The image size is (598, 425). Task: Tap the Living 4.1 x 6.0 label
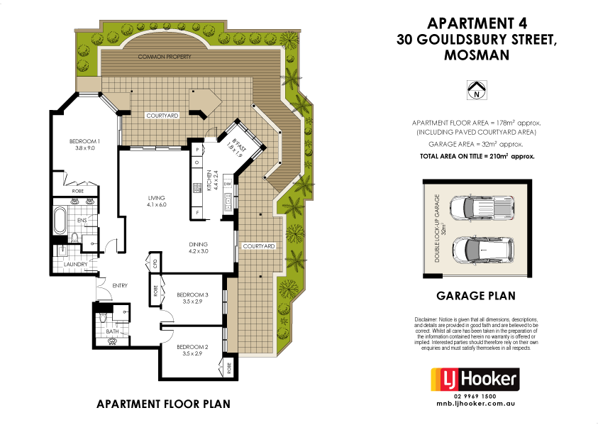coord(156,201)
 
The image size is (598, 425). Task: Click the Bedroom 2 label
coord(193,350)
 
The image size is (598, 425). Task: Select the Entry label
coord(121,286)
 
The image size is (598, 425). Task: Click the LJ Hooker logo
coord(476,379)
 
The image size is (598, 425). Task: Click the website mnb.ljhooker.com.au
coord(476,404)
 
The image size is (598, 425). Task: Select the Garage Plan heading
coord(476,296)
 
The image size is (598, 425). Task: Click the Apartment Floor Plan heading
coord(163,404)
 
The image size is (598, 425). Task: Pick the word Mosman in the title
coord(475,55)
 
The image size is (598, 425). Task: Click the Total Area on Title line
coord(476,155)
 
